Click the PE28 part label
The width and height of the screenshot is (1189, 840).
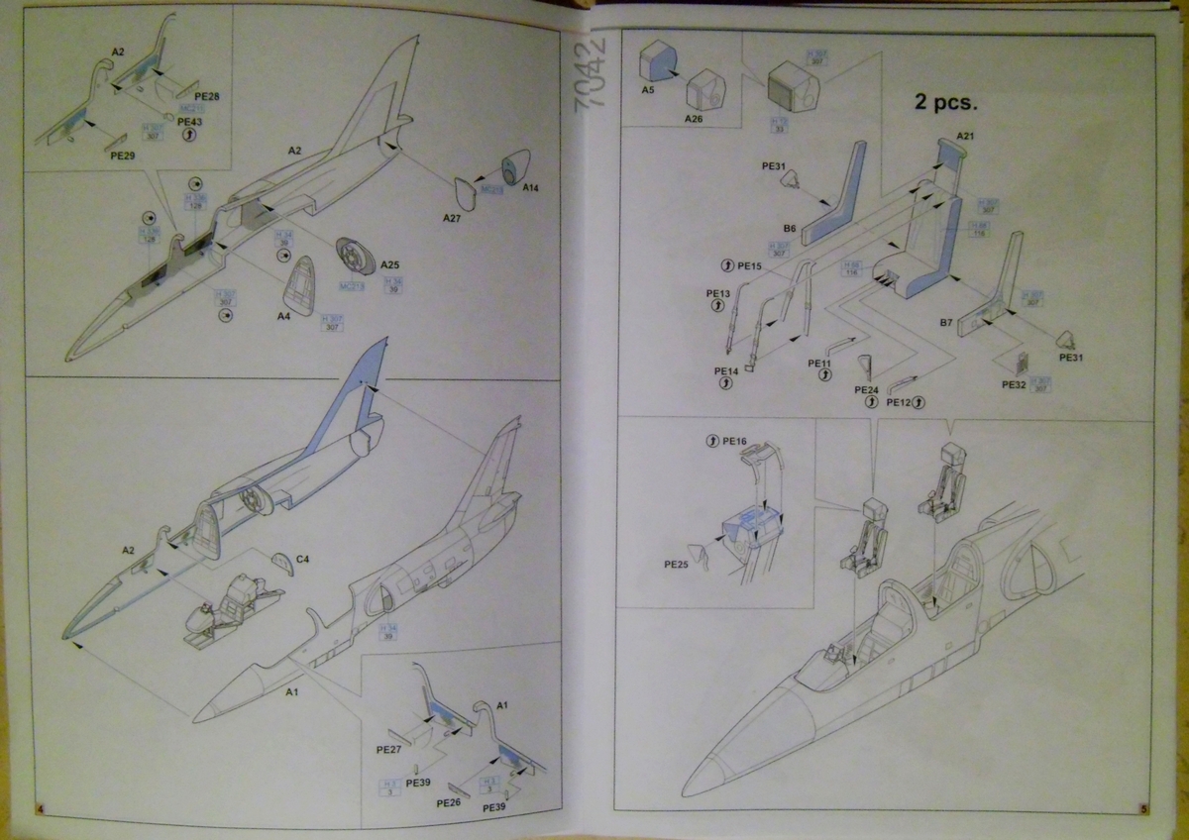207,95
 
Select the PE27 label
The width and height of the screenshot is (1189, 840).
388,749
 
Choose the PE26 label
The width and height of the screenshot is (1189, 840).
448,803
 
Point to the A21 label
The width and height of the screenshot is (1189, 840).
967,136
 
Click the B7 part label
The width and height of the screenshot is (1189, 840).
946,323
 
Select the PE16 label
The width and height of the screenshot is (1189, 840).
734,440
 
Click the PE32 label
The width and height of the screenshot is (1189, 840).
1013,384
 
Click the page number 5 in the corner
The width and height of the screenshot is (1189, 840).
1143,809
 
